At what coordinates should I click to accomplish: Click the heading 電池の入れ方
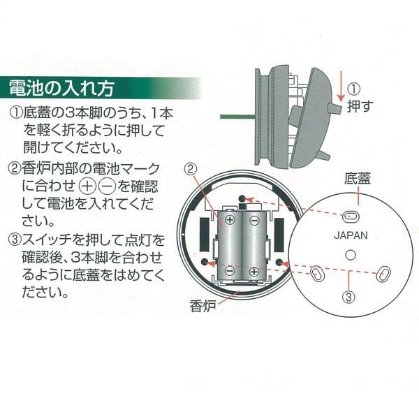pyautogui.click(x=62, y=88)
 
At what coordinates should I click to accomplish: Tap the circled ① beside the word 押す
pyautogui.click(x=354, y=89)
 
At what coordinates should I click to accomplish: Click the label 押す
pyautogui.click(x=360, y=106)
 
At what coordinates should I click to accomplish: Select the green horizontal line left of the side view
pyautogui.click(x=237, y=117)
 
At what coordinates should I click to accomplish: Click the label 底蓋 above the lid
pyautogui.click(x=358, y=179)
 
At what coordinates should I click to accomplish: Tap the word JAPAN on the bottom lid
pyautogui.click(x=351, y=235)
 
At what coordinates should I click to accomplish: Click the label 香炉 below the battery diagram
pyautogui.click(x=203, y=306)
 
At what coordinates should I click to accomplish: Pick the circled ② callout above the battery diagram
pyautogui.click(x=191, y=169)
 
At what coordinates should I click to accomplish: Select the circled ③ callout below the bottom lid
pyautogui.click(x=348, y=297)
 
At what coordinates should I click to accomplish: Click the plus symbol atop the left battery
pyautogui.click(x=230, y=220)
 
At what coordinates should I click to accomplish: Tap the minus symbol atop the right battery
pyautogui.click(x=254, y=221)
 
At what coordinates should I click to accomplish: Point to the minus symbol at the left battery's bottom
pyautogui.click(x=229, y=270)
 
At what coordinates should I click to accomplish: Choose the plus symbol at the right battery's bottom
pyautogui.click(x=254, y=272)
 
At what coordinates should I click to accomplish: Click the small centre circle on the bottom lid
pyautogui.click(x=351, y=255)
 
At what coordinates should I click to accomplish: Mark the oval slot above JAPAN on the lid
pyautogui.click(x=351, y=216)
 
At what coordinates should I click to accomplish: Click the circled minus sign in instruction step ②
pyautogui.click(x=107, y=186)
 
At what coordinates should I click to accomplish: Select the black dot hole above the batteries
pyautogui.click(x=242, y=198)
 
